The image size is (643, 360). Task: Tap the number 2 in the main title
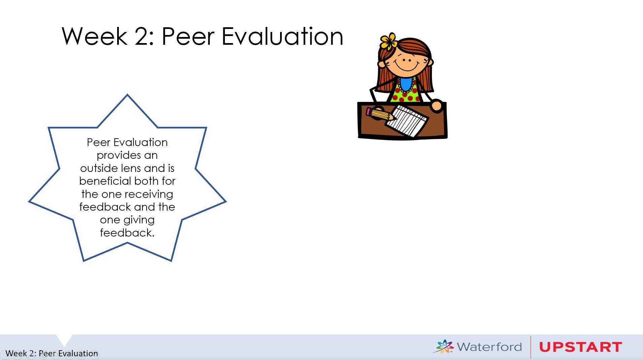(x=142, y=36)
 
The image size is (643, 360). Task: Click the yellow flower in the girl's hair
(x=388, y=41)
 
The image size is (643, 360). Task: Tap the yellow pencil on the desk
(x=380, y=114)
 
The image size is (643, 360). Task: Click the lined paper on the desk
(x=407, y=120)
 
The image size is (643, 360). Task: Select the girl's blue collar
(x=406, y=84)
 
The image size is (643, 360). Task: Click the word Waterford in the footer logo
(x=489, y=347)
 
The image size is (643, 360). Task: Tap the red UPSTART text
(x=580, y=347)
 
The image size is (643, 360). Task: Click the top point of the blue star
(x=127, y=95)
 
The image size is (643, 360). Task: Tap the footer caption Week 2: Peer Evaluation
(x=52, y=353)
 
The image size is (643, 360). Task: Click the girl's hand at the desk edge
(x=436, y=105)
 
